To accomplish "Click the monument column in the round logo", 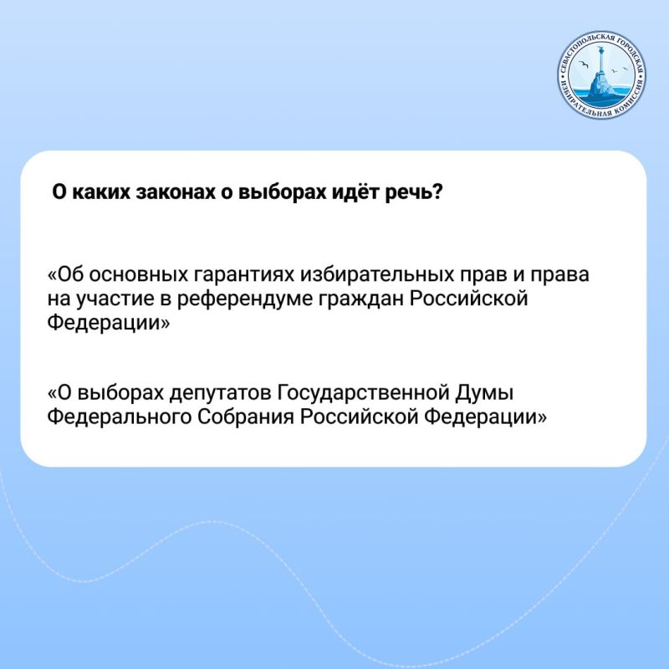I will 602,84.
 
